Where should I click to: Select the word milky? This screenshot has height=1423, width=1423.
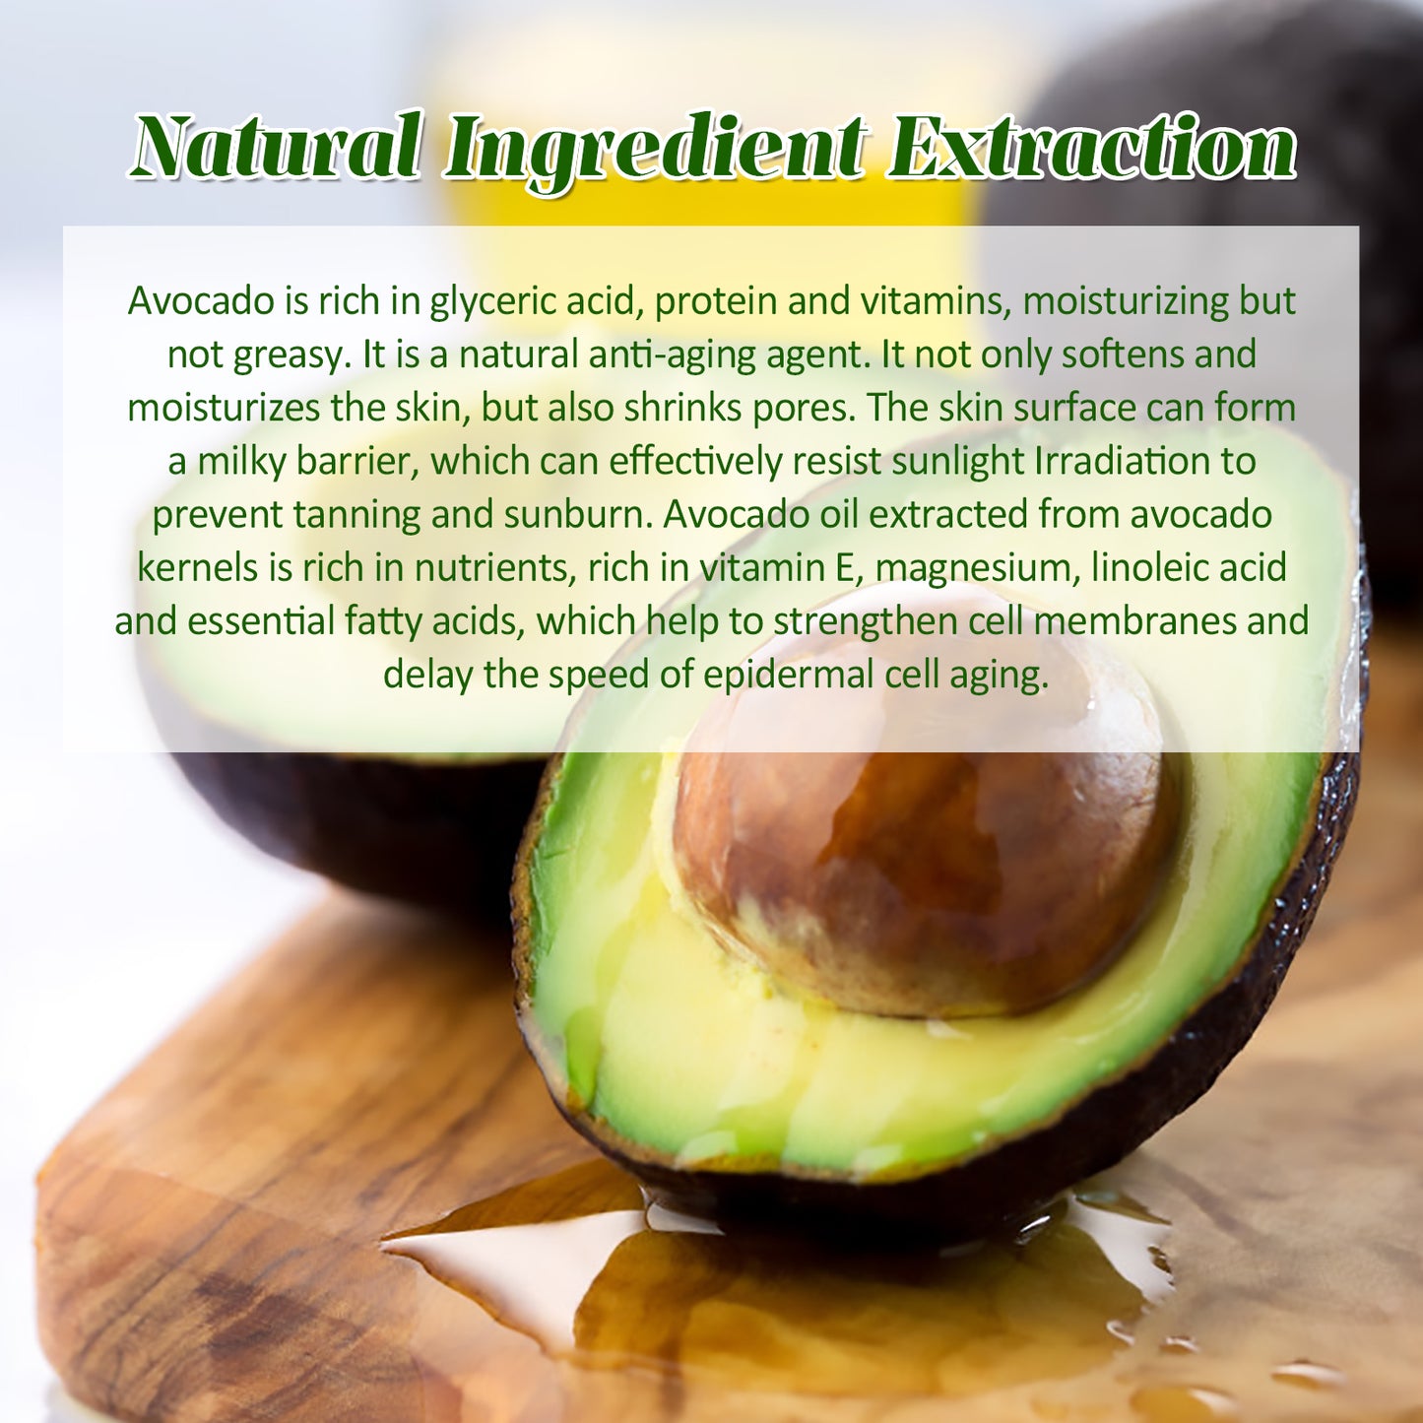pos(242,461)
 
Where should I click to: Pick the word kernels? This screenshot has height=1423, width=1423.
pos(197,567)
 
